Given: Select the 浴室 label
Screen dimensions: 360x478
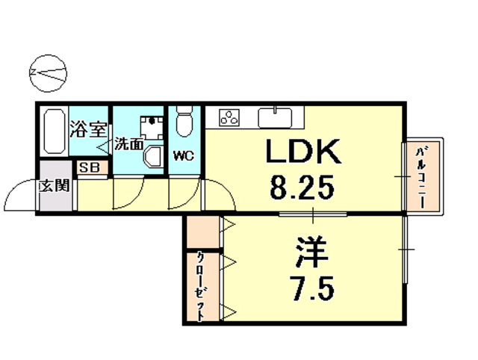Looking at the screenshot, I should pos(89,129).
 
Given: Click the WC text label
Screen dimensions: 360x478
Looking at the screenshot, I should pos(184,157).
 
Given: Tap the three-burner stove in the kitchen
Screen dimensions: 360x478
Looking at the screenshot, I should pos(229,117).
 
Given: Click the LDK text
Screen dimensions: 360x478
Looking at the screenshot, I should pos(304,153).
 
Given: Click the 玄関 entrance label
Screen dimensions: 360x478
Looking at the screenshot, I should pos(55,185).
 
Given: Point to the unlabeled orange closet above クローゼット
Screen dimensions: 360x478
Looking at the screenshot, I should pos(202,233).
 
